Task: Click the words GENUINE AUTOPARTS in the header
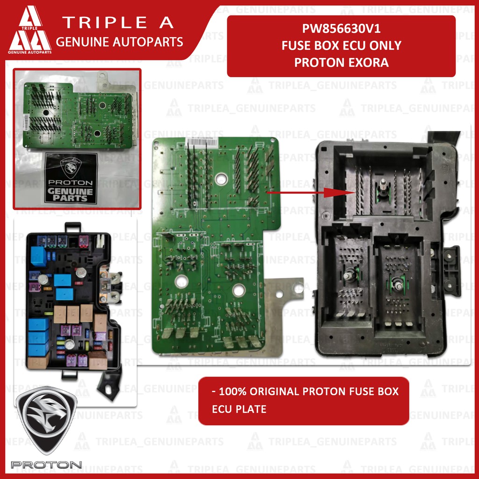119,42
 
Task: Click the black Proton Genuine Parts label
72,178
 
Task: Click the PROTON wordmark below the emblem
47,464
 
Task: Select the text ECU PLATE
239,409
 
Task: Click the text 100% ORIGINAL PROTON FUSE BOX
305,391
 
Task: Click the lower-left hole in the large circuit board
181,281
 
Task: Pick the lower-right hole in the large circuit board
238,291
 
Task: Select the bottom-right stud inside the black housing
398,282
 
